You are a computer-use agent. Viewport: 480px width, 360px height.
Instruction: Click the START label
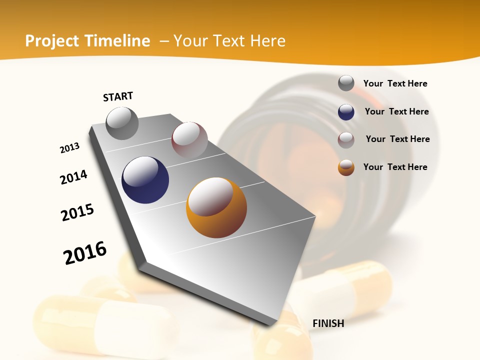[x=118, y=96]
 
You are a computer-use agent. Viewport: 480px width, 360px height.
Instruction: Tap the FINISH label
[x=328, y=323]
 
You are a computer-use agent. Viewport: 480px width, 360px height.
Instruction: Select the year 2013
[x=69, y=148]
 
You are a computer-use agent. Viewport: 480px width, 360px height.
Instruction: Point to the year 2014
[x=73, y=177]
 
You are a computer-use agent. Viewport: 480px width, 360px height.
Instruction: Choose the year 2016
[x=85, y=252]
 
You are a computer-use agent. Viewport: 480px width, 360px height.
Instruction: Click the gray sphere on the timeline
[x=122, y=123]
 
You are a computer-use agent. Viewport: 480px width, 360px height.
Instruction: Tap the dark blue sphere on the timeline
[x=145, y=180]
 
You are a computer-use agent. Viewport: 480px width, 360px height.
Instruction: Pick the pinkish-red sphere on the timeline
[x=189, y=139]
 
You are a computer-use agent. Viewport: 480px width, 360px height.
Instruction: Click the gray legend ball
[x=346, y=83]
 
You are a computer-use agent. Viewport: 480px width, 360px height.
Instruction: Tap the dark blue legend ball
[x=346, y=112]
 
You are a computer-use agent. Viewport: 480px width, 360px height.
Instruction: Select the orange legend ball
[x=346, y=167]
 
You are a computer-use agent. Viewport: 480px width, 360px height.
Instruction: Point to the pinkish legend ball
[x=346, y=140]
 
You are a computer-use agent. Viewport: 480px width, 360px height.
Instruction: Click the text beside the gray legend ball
[x=395, y=83]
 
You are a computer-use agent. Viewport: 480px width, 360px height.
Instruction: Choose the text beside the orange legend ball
[x=395, y=167]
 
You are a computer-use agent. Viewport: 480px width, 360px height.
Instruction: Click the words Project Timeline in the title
[x=87, y=41]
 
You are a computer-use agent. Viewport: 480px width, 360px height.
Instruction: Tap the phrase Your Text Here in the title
[x=229, y=41]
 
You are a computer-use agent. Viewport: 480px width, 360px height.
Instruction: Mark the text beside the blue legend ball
[x=396, y=111]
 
